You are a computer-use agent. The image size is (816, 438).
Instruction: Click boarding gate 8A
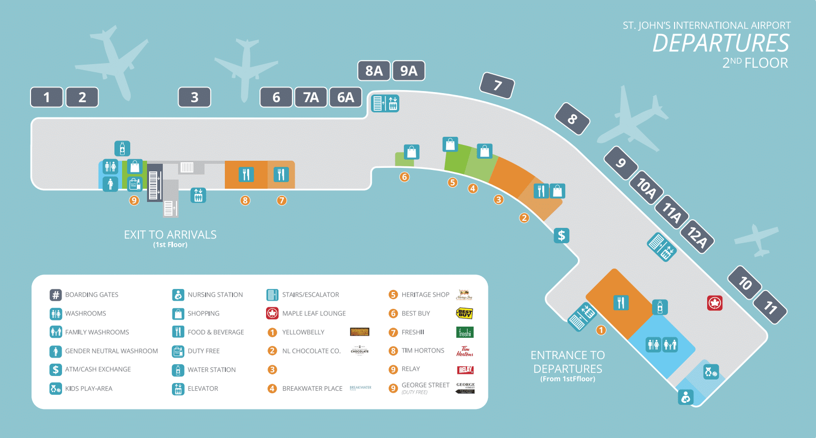click(x=374, y=71)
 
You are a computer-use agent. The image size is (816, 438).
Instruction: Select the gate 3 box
click(x=194, y=97)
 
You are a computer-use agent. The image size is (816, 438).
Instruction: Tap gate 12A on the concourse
click(x=697, y=237)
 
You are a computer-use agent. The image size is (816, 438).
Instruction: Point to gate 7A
click(x=311, y=97)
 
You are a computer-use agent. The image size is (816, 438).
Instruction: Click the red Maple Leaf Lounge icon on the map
click(x=715, y=303)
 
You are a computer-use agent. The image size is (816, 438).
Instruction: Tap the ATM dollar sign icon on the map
click(x=561, y=235)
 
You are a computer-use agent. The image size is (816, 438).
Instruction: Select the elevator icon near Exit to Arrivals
click(x=198, y=195)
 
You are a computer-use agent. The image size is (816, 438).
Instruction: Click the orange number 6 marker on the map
click(x=404, y=177)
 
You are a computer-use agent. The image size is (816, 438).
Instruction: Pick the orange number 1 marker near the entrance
click(x=601, y=330)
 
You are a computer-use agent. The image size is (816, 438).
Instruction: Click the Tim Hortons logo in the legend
click(x=464, y=351)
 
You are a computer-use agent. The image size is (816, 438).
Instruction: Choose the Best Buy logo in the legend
click(x=464, y=313)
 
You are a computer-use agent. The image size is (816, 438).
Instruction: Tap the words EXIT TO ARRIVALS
click(x=170, y=235)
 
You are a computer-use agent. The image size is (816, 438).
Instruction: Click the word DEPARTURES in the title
click(x=720, y=43)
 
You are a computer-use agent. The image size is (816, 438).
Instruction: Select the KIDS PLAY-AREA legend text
click(x=89, y=389)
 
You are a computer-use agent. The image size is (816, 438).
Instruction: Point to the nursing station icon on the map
click(x=686, y=397)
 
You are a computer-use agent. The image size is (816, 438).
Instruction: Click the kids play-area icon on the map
click(x=711, y=372)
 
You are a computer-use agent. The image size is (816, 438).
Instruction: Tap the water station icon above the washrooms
click(x=122, y=149)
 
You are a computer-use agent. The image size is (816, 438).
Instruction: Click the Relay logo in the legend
click(x=465, y=370)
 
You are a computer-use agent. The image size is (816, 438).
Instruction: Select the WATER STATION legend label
click(x=212, y=370)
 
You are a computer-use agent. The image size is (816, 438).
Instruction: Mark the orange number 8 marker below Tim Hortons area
click(x=245, y=200)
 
